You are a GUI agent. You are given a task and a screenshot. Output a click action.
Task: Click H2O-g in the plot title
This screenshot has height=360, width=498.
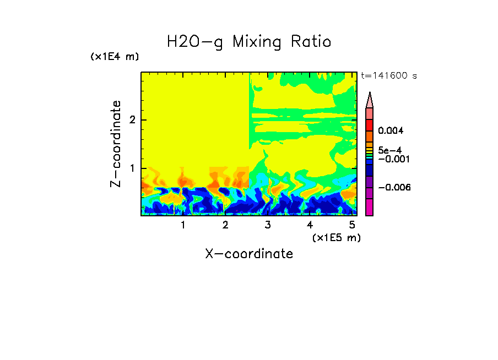(x=195, y=42)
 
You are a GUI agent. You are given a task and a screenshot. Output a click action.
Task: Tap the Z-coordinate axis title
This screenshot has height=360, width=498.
(x=116, y=144)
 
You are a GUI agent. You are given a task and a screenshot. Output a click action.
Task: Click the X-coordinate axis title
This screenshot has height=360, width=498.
(x=249, y=254)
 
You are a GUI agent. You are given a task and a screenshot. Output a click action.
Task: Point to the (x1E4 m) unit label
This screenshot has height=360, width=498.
(x=115, y=57)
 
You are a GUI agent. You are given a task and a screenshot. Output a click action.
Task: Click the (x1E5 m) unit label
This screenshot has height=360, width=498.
(x=336, y=237)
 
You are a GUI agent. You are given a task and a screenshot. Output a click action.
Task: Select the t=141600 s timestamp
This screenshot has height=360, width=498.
(x=388, y=76)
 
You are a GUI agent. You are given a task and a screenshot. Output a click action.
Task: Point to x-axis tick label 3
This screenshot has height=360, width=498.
(x=267, y=225)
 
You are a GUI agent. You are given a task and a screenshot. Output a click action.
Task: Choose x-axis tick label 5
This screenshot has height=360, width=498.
(x=352, y=225)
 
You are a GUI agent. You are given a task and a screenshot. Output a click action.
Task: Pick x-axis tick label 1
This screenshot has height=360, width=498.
(x=183, y=225)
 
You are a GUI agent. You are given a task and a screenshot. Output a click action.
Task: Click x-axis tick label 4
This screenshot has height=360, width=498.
(x=310, y=225)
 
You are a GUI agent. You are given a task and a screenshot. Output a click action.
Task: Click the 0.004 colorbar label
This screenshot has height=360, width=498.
(x=391, y=131)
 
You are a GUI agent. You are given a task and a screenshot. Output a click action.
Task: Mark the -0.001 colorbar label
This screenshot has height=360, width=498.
(x=392, y=159)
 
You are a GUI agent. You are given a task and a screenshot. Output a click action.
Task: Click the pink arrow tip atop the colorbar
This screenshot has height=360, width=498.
(x=370, y=100)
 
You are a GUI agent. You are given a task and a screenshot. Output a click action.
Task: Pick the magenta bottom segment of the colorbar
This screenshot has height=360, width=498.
(x=370, y=207)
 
